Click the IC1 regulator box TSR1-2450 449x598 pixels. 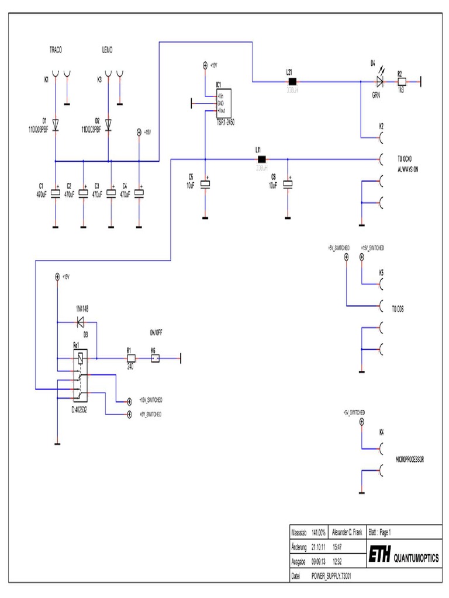[223, 104]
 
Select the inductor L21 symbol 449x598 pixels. [293, 82]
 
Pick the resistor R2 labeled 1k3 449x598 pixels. [402, 82]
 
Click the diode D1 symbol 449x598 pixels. [56, 124]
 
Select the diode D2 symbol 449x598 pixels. [109, 124]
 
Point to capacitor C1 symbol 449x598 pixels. [56, 193]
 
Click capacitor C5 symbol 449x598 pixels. [205, 184]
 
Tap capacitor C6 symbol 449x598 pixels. [287, 184]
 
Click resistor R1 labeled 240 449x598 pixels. [130, 358]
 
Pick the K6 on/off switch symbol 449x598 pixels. [156, 358]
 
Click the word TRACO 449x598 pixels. [56, 51]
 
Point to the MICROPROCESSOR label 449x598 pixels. [409, 460]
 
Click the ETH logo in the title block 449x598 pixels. [379, 556]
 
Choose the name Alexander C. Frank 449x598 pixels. [347, 533]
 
